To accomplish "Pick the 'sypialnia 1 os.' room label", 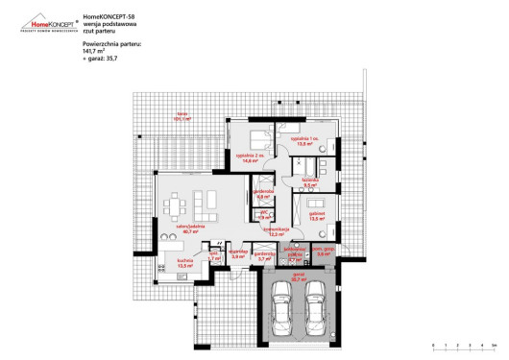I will pyautogui.click(x=303, y=141).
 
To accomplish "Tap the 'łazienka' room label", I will pyautogui.click(x=309, y=180).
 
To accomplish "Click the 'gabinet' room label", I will pyautogui.click(x=317, y=215).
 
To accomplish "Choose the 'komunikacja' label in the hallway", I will pyautogui.click(x=279, y=231).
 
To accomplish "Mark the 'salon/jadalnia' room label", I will pyautogui.click(x=186, y=228).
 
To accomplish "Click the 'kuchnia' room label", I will pyautogui.click(x=185, y=261).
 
